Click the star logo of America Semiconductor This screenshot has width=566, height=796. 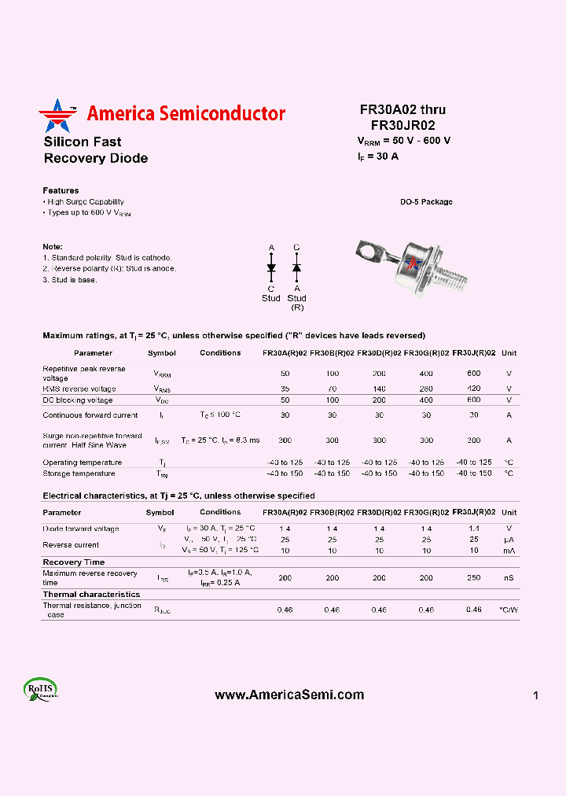click(x=57, y=116)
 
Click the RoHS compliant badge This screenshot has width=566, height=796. click(x=40, y=690)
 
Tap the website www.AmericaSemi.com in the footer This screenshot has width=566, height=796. click(x=289, y=695)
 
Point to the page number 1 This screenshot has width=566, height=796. click(x=535, y=695)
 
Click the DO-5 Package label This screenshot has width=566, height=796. click(x=426, y=202)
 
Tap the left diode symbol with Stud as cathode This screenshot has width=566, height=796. click(x=271, y=268)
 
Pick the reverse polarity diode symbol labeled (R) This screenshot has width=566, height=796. click(x=296, y=268)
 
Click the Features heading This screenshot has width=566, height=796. click(x=61, y=190)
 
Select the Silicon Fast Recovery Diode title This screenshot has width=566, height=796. click(x=95, y=150)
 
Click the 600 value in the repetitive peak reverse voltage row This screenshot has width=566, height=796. click(x=473, y=374)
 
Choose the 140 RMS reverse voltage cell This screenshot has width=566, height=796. click(x=379, y=389)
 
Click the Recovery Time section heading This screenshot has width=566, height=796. click(x=73, y=562)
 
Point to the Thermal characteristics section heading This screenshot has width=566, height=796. click(x=91, y=595)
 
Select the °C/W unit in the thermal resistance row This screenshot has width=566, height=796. click(x=509, y=610)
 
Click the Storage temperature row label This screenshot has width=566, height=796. click(x=79, y=474)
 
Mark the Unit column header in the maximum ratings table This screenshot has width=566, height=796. click(x=509, y=353)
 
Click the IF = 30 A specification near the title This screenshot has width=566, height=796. click(x=378, y=157)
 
